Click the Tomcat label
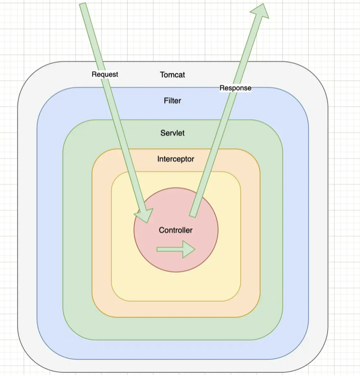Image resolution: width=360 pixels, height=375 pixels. (173, 75)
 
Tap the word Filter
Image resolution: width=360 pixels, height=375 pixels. (173, 100)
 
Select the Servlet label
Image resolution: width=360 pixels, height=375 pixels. (173, 133)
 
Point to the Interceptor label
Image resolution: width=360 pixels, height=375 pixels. (176, 159)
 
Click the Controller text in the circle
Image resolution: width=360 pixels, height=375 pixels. (176, 230)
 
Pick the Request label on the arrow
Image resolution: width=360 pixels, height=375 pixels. (105, 74)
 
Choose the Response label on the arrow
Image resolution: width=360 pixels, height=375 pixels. (235, 88)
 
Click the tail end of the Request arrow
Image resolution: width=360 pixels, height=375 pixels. (83, 5)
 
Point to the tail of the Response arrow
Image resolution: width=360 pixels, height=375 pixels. (193, 214)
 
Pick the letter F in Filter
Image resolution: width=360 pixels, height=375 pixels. (166, 100)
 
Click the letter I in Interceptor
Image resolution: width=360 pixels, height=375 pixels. (158, 159)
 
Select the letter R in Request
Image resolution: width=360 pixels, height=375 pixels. (94, 74)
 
